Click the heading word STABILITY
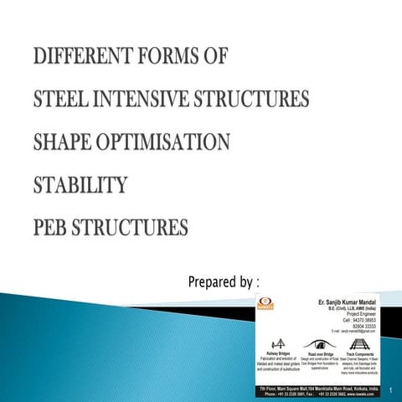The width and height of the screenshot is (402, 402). [80, 184]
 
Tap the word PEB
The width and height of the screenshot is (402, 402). [53, 226]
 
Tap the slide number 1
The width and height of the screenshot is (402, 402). [390, 389]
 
